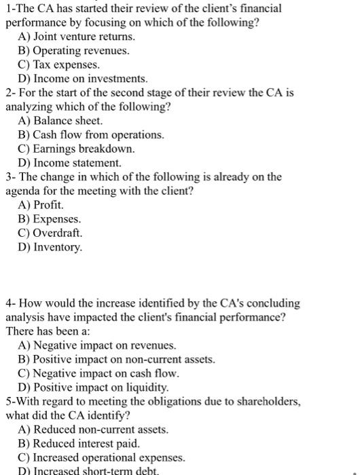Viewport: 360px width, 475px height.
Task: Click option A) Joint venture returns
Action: click(76, 37)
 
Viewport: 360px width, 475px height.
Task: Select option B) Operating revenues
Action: click(73, 51)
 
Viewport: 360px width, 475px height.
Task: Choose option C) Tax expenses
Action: click(59, 65)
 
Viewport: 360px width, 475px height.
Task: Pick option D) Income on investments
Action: click(82, 79)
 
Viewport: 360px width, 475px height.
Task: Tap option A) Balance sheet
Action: click(60, 121)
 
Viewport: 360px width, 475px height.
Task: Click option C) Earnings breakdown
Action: click(76, 149)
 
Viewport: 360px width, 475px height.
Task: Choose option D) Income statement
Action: click(70, 163)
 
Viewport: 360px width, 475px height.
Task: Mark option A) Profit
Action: click(41, 205)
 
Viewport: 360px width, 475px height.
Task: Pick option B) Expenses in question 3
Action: click(50, 219)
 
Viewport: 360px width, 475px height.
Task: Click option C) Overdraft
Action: click(50, 233)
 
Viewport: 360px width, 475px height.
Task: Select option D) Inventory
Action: click(50, 247)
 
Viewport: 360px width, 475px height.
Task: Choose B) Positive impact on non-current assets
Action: click(116, 360)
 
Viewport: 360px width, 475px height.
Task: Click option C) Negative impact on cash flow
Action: click(98, 373)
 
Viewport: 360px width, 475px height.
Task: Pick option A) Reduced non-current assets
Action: click(93, 430)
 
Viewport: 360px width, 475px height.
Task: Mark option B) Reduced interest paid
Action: click(79, 444)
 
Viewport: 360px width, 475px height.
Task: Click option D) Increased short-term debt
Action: click(88, 470)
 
